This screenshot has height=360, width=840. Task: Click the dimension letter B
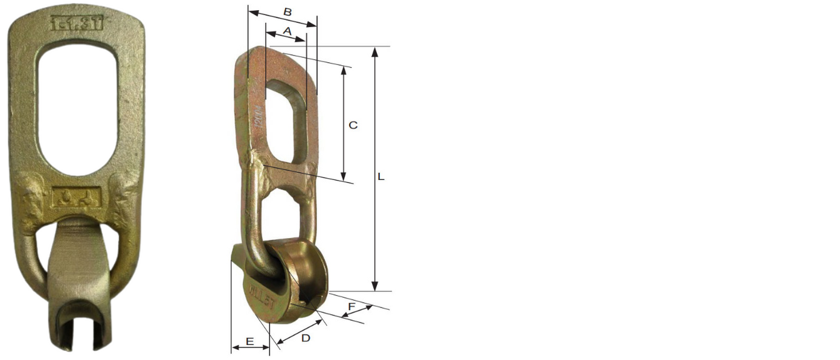point(288,11)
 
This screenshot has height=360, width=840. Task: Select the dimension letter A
point(287,30)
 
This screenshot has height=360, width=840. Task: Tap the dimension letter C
point(353,125)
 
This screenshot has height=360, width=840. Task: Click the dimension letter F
point(351,306)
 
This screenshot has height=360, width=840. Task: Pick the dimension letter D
point(306,338)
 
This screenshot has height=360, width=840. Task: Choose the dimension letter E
point(249,341)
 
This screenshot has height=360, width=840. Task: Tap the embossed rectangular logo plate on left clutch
point(76,198)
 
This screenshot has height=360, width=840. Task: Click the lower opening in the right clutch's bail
point(283,211)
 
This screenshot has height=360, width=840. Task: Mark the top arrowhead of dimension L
point(375,51)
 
